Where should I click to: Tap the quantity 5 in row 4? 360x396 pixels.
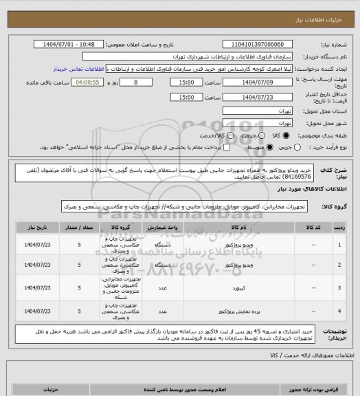click(80, 311)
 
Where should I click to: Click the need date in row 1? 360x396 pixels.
click(36, 244)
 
